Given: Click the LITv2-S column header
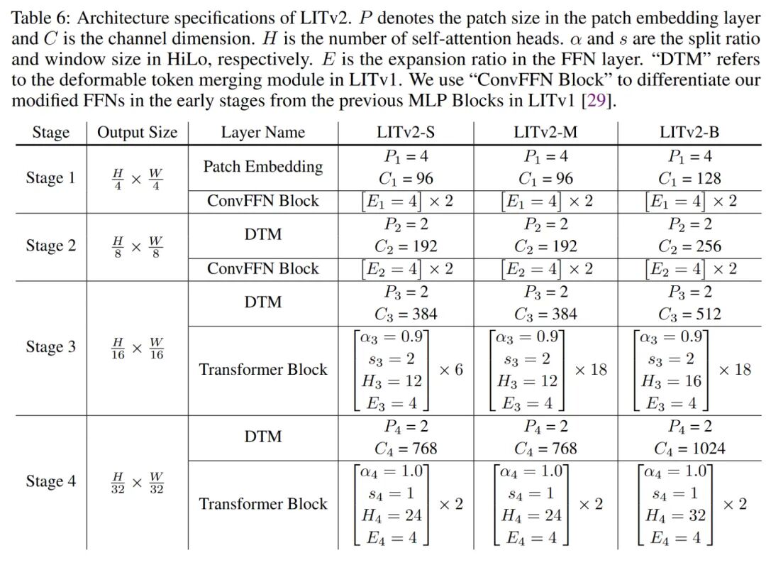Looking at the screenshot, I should (406, 132).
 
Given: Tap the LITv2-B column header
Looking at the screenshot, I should (689, 132).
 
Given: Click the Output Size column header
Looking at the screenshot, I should (137, 132).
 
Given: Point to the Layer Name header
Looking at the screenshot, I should (262, 132).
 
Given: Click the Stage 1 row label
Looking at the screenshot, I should (50, 177).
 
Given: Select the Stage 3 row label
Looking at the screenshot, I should (50, 346).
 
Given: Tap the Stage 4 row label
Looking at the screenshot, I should (50, 481).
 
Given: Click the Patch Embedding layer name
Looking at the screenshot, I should (262, 167).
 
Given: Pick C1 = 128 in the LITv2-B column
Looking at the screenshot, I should (689, 178).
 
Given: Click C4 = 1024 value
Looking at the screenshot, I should (689, 449).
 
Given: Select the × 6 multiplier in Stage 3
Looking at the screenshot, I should (451, 370).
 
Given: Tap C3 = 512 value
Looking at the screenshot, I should (689, 314).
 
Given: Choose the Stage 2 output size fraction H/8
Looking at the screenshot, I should (118, 246).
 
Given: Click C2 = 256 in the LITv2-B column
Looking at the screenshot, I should (689, 246).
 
